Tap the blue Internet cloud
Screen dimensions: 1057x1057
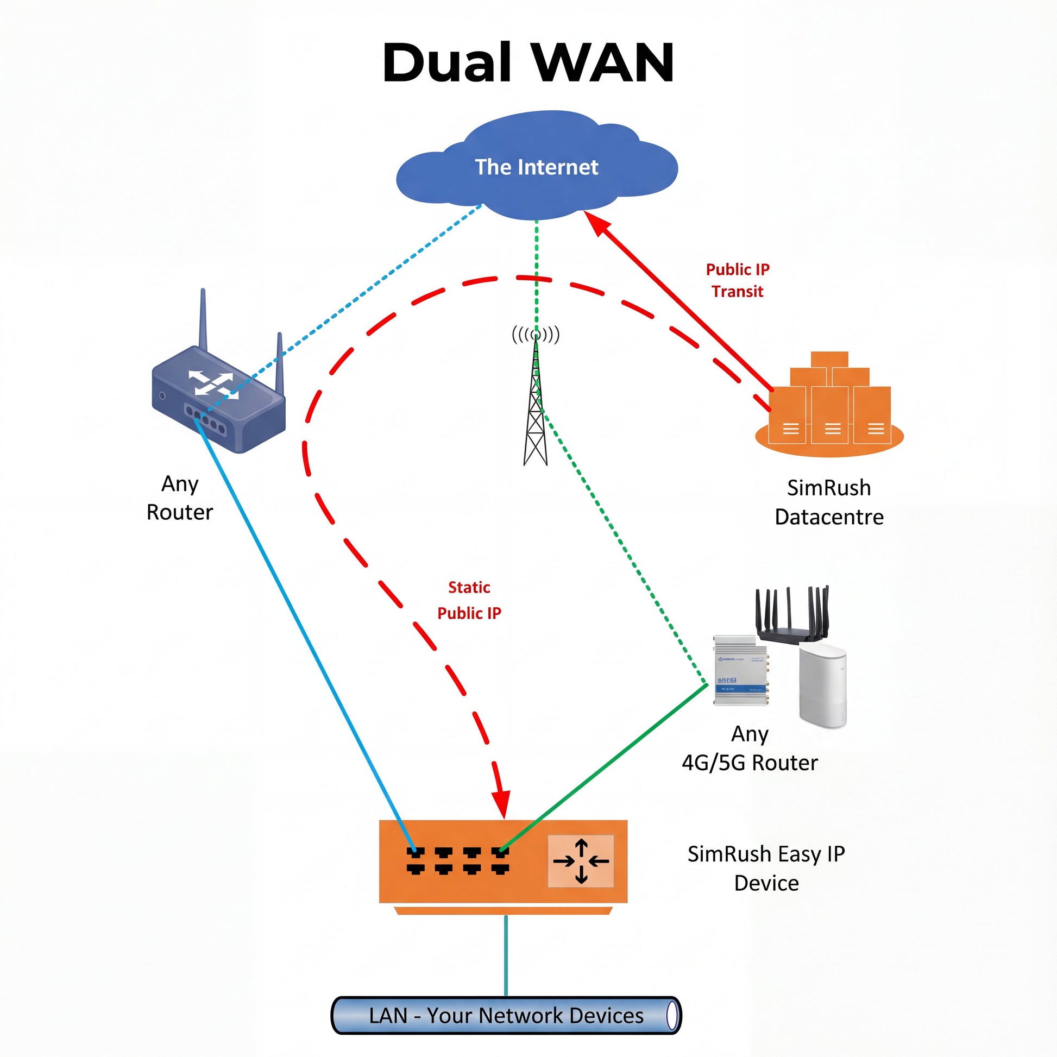coord(536,167)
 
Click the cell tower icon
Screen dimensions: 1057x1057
coord(536,416)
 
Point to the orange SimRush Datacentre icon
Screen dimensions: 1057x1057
coord(829,407)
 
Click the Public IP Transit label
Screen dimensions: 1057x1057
coord(738,280)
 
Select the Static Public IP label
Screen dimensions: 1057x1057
coord(469,600)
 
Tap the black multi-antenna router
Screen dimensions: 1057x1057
coord(792,615)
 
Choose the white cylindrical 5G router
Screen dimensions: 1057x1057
coord(822,686)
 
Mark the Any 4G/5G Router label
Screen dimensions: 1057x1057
coord(750,748)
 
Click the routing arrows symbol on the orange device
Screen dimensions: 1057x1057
coord(581,861)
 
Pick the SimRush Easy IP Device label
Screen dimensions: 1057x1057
coord(766,868)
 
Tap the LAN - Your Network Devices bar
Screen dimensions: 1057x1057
coord(506,1015)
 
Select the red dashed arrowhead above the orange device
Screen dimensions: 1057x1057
coord(501,804)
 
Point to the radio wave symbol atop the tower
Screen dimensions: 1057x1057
coord(536,334)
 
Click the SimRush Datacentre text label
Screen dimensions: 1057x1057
coord(829,502)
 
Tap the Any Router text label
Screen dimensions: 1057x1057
coord(179,498)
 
